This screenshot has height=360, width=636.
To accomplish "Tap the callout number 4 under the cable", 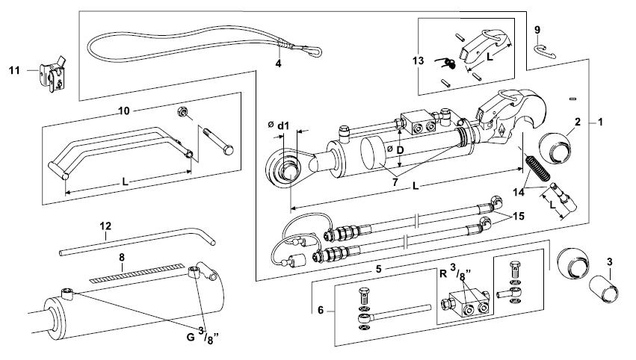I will point(279,63).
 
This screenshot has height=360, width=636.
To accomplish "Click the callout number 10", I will point(125,110).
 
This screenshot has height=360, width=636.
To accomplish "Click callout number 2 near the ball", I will point(577,121).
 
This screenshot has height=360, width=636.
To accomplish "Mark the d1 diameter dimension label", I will point(282,126).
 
